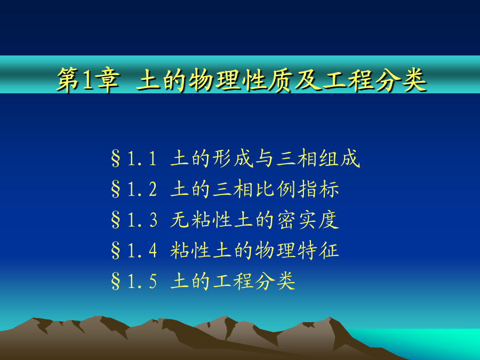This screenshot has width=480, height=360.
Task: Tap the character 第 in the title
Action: (x=69, y=79)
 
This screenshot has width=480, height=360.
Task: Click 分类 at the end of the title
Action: (x=401, y=79)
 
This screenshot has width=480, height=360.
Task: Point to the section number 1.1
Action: (x=142, y=158)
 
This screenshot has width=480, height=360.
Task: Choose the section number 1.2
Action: (x=142, y=189)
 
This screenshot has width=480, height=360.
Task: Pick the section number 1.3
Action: (x=142, y=220)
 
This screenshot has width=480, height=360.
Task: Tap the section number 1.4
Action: (x=142, y=251)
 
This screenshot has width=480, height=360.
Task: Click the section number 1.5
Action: (x=142, y=281)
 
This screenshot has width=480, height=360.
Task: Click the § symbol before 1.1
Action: (x=116, y=158)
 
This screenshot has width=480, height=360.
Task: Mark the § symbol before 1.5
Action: (x=116, y=281)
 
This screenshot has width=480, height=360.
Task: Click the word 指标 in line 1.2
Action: (x=318, y=189)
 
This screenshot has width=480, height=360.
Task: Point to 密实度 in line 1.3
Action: (x=308, y=220)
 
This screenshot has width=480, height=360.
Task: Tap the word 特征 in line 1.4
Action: (x=318, y=251)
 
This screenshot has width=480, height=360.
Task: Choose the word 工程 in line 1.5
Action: (x=233, y=281)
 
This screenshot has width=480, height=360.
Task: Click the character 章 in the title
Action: (x=107, y=79)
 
